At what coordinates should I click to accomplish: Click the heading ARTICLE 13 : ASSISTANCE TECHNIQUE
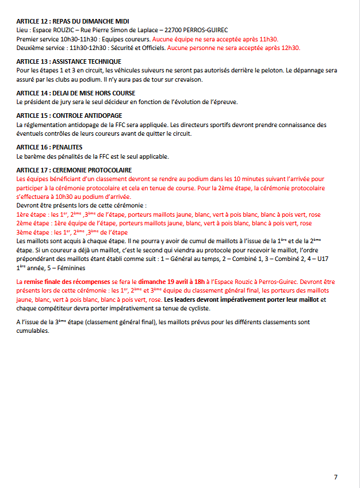pos(68,62)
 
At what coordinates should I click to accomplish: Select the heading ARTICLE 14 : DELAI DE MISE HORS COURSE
pos(76,93)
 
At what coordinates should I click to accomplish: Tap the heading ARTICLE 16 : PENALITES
pos(49,147)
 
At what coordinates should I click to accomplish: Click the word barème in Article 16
pos(36,155)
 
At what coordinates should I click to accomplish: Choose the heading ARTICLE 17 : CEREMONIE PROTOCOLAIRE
pos(74,170)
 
